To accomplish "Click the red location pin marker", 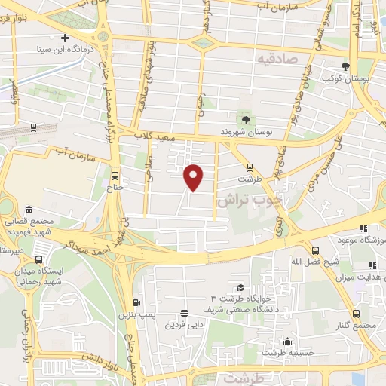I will (x=195, y=176).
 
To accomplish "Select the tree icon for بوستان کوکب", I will (x=345, y=66).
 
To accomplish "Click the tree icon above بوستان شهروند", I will (x=246, y=118).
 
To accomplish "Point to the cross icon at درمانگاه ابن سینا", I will (x=66, y=38).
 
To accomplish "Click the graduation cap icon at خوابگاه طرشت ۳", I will (x=240, y=287).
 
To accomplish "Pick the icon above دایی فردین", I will (x=184, y=313).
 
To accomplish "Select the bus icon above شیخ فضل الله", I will (x=314, y=251).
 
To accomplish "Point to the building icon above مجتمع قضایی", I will (x=29, y=209).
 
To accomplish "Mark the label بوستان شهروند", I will (x=247, y=132).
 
